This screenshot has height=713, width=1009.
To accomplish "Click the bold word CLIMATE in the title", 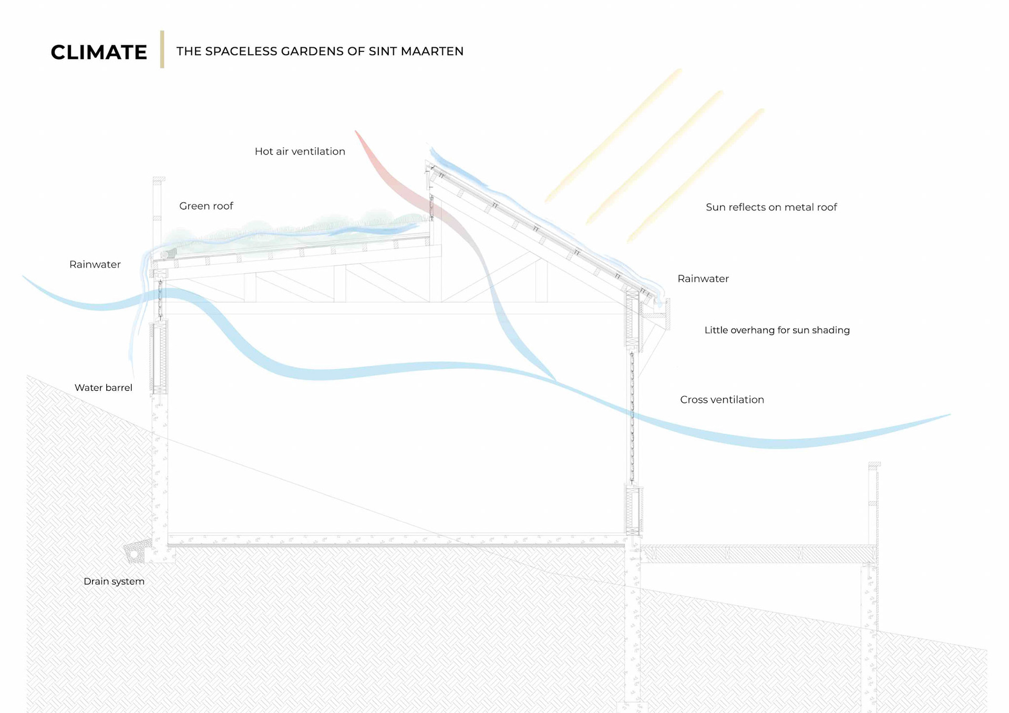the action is (99, 52).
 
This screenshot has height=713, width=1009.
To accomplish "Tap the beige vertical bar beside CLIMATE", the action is (162, 49).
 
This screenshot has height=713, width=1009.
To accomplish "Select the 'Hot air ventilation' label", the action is (300, 151).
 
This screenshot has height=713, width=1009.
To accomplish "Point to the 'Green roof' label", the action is (206, 206).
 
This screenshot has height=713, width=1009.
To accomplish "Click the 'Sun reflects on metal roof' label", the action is (771, 207).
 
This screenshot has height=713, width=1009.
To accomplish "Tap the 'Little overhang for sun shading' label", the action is (777, 330).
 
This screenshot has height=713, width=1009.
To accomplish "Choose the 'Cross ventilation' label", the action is (722, 399).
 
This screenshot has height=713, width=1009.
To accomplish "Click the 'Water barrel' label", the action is (103, 388).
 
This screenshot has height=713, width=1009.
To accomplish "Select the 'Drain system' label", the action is (114, 581).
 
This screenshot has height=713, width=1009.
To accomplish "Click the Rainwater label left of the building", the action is (95, 264).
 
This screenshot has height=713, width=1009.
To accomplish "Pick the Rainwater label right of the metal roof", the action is (703, 278).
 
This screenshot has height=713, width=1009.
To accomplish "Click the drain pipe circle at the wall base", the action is (134, 554).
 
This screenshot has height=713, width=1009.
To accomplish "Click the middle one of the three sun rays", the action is (655, 158).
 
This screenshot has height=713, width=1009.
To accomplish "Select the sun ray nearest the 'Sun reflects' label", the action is (695, 176).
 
